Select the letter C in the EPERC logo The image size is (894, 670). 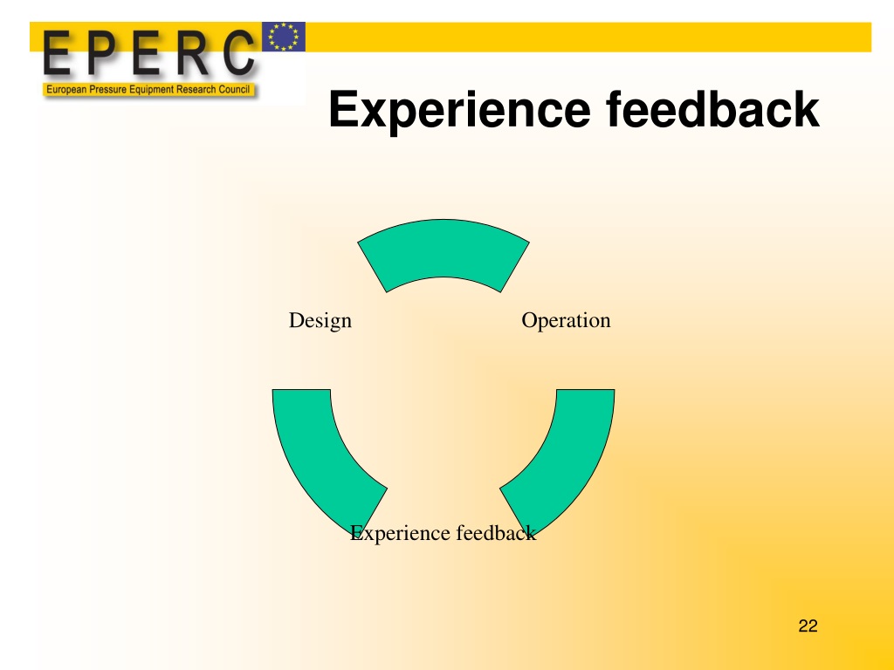tap(238, 52)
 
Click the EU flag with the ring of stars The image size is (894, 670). tap(284, 37)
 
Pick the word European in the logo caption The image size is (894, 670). tap(66, 90)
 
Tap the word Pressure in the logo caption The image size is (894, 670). tap(108, 90)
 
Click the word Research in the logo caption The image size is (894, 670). tap(196, 90)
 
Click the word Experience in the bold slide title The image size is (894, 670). tap(459, 111)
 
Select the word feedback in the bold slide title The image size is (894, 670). tap(712, 108)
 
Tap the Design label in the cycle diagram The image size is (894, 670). tap(320, 321)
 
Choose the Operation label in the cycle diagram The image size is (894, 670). tap(566, 321)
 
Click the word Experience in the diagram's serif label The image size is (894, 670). tap(400, 534)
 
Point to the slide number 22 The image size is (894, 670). tap(808, 626)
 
